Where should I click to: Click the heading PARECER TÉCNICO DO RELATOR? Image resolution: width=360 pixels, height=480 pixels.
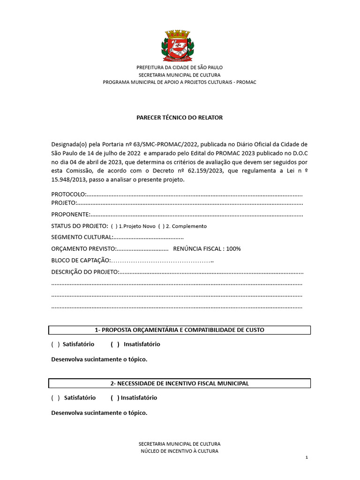(180, 118)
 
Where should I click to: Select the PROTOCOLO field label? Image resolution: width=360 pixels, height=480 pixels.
(68, 194)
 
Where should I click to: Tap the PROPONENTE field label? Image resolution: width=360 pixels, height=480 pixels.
(70, 215)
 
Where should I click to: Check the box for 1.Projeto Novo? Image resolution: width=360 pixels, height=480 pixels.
(114, 226)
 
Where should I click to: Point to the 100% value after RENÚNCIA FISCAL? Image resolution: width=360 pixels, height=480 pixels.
(233, 249)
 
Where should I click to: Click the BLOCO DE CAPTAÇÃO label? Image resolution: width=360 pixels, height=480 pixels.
(81, 261)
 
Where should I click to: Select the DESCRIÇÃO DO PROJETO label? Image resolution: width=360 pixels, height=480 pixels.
(85, 272)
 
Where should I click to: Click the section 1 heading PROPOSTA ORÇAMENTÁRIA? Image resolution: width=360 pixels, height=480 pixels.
(180, 330)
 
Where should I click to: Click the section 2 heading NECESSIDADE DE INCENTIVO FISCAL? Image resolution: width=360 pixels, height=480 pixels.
(180, 383)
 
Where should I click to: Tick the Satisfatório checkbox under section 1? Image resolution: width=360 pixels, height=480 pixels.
(55, 345)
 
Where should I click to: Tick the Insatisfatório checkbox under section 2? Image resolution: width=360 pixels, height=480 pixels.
(115, 398)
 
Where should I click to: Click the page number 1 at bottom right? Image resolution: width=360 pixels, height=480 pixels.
(306, 457)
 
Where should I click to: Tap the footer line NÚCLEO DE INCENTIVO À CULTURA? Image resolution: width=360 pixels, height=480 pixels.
(180, 451)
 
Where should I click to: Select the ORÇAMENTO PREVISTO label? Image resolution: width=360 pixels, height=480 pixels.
(83, 249)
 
